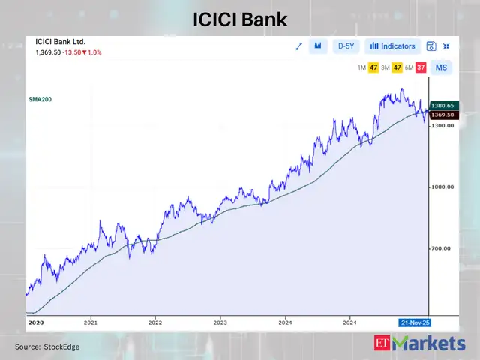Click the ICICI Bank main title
tap(240, 19)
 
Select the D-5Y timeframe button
tap(346, 46)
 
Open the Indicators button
tap(393, 46)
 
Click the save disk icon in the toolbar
tap(431, 46)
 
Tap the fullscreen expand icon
tap(447, 46)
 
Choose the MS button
tap(442, 67)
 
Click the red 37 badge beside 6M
tap(421, 67)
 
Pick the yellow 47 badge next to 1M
tap(373, 67)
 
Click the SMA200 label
tap(40, 99)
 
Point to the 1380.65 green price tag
tap(442, 106)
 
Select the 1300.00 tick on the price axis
tap(442, 126)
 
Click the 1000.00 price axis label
tap(442, 187)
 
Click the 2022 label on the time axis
tap(154, 322)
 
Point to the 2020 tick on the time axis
tap(36, 322)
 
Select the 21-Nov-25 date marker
tap(415, 322)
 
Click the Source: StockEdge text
tap(47, 346)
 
